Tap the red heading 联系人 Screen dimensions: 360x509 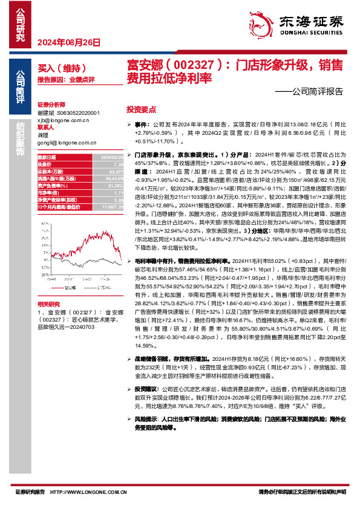[x=46, y=128]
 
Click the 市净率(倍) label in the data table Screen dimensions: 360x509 [x=49, y=192]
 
